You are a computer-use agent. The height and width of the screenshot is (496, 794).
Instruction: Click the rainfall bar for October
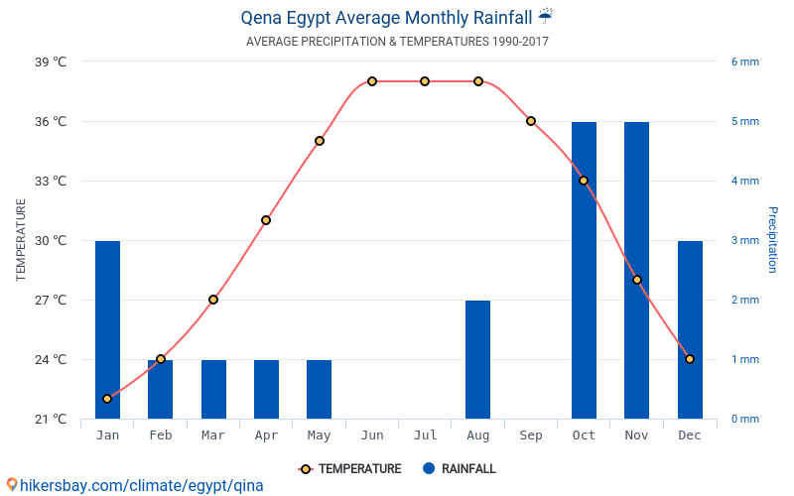[x=584, y=270]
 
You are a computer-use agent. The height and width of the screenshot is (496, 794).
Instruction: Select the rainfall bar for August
[x=477, y=359]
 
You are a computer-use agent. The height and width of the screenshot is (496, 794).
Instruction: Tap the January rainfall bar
[x=107, y=329]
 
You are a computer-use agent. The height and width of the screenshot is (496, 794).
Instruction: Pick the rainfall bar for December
[x=690, y=329]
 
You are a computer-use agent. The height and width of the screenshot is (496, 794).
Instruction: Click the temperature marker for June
[x=372, y=81]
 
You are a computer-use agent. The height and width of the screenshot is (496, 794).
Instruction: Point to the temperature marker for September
[x=531, y=121]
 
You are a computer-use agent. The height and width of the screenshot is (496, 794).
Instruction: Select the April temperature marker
[x=266, y=220]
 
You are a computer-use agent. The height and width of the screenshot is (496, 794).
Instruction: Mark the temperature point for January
[x=107, y=399]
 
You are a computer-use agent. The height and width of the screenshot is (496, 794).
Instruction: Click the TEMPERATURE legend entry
[x=350, y=469]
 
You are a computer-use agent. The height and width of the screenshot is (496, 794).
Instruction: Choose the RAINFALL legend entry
[x=459, y=469]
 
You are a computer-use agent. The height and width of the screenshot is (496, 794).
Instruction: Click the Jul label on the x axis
[x=425, y=435]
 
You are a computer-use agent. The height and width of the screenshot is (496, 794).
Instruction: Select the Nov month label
[x=636, y=435]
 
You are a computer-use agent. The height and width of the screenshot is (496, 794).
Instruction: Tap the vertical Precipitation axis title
[x=772, y=240]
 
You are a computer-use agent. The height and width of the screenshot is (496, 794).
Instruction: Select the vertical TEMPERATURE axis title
[x=21, y=240]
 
